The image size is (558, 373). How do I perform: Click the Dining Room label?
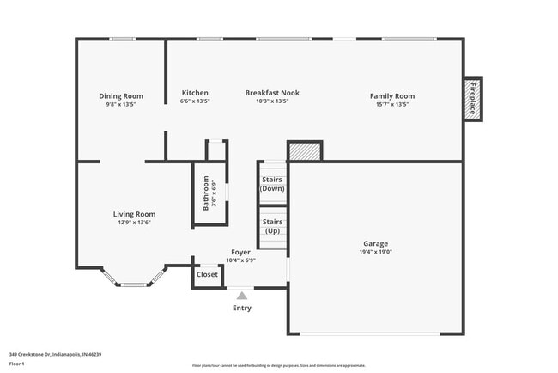pos(120,95)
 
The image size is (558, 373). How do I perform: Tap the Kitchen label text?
pos(195,93)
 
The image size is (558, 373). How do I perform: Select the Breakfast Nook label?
pos(272,93)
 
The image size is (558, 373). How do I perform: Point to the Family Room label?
pos(391,95)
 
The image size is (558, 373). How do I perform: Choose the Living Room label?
pos(134,214)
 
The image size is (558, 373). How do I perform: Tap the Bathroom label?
pos(205,194)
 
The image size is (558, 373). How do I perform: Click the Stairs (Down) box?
pos(272,183)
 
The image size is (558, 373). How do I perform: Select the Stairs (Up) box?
pos(272,226)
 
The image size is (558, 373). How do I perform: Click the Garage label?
pos(375,243)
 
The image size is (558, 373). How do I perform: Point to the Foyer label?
pos(240,252)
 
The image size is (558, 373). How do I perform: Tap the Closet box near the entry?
pos(207,275)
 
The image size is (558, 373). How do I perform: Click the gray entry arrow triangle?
pos(242,295)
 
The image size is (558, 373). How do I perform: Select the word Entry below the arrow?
pos(242,308)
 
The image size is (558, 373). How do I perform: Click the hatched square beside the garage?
pos(304,152)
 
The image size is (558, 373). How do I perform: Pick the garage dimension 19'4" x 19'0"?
pos(375,253)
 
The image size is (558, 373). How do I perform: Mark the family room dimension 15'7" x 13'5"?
pos(391,104)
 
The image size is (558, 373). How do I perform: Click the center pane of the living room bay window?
pos(133,284)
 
